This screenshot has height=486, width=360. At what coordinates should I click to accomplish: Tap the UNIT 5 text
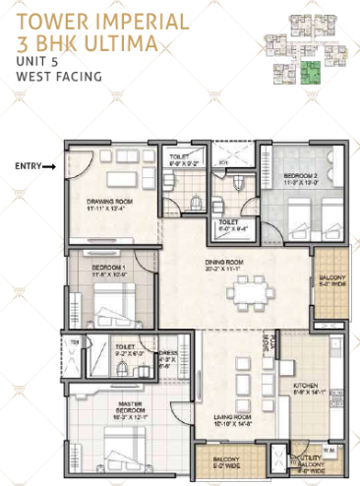(36, 63)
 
